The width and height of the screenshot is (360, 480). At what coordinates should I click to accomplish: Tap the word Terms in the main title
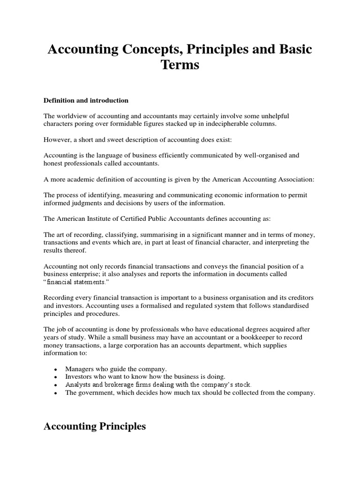(180, 65)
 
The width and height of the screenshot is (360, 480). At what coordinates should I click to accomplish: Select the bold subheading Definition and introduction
(86, 100)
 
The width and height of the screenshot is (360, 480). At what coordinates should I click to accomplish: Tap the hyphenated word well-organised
(257, 155)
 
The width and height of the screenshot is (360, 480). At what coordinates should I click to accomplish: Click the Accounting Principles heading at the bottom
(94, 427)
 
